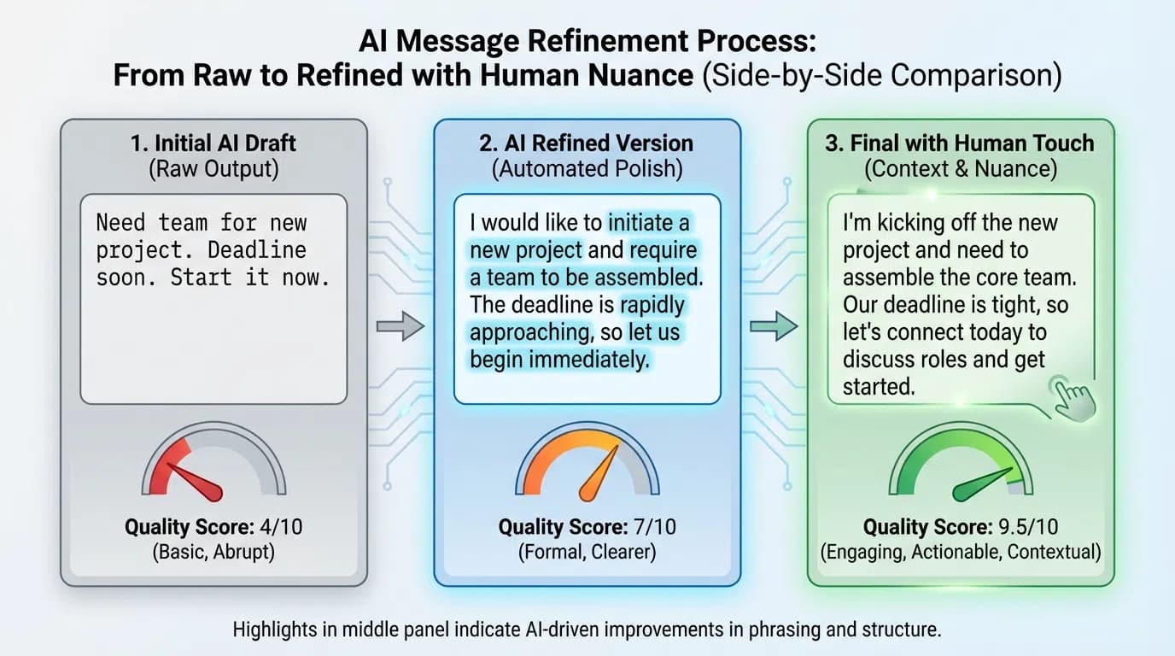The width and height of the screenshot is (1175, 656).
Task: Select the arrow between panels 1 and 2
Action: (400, 325)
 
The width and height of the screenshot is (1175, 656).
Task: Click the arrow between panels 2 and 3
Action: (774, 325)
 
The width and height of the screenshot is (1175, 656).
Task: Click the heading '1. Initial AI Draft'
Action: (213, 143)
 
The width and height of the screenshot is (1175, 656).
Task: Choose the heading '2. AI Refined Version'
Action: (587, 143)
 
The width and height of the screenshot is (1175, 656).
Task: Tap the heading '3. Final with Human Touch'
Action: (960, 143)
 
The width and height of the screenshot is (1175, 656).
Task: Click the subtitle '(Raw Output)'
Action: (213, 169)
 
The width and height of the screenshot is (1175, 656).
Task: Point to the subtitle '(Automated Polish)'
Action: (587, 169)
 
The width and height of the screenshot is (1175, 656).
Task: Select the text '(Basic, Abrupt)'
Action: (213, 553)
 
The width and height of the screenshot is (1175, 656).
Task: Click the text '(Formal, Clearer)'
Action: (587, 553)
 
